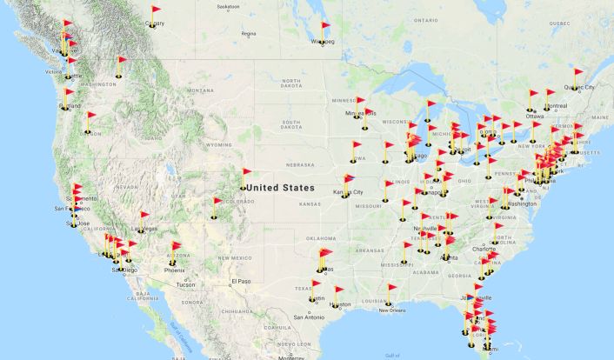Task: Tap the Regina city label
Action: pos(249,34)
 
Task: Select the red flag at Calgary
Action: pos(157,11)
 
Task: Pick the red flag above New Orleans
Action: pos(393,289)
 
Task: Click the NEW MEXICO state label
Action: pos(236,257)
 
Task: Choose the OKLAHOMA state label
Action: pos(322,237)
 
